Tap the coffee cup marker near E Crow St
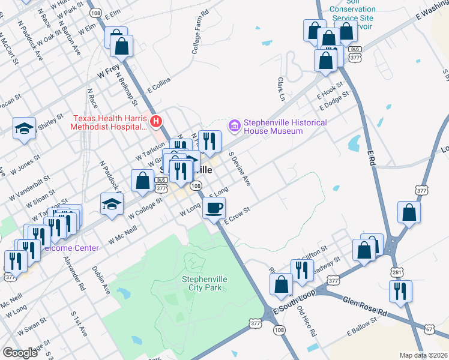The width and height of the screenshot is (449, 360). [x=214, y=208]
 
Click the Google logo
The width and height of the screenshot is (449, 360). [x=20, y=352]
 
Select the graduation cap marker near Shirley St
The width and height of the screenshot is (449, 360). [x=24, y=128]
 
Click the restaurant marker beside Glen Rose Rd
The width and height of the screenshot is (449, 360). [x=399, y=291]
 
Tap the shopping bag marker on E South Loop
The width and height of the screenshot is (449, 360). [x=282, y=286]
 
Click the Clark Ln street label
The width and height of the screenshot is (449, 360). [x=280, y=88]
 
